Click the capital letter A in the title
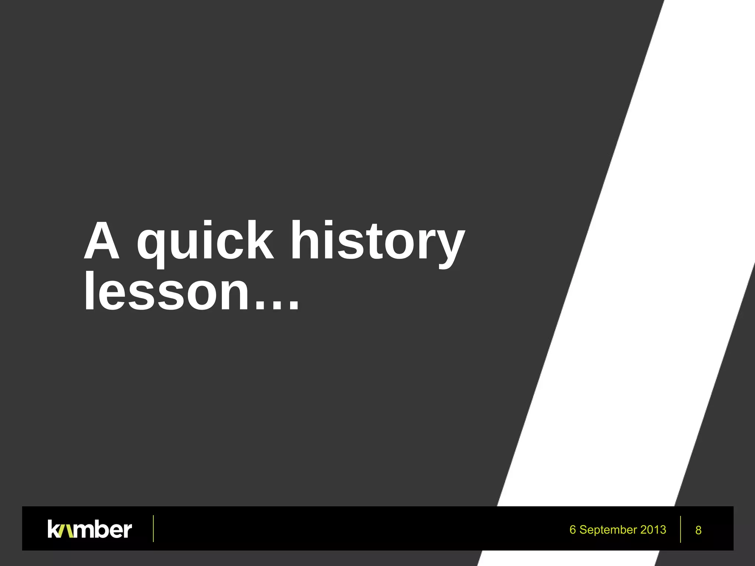[102, 241]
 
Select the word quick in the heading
[205, 241]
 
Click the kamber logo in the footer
[90, 529]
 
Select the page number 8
[698, 530]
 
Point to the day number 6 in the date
[573, 530]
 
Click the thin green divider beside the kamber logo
[153, 528]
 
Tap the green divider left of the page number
[680, 529]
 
